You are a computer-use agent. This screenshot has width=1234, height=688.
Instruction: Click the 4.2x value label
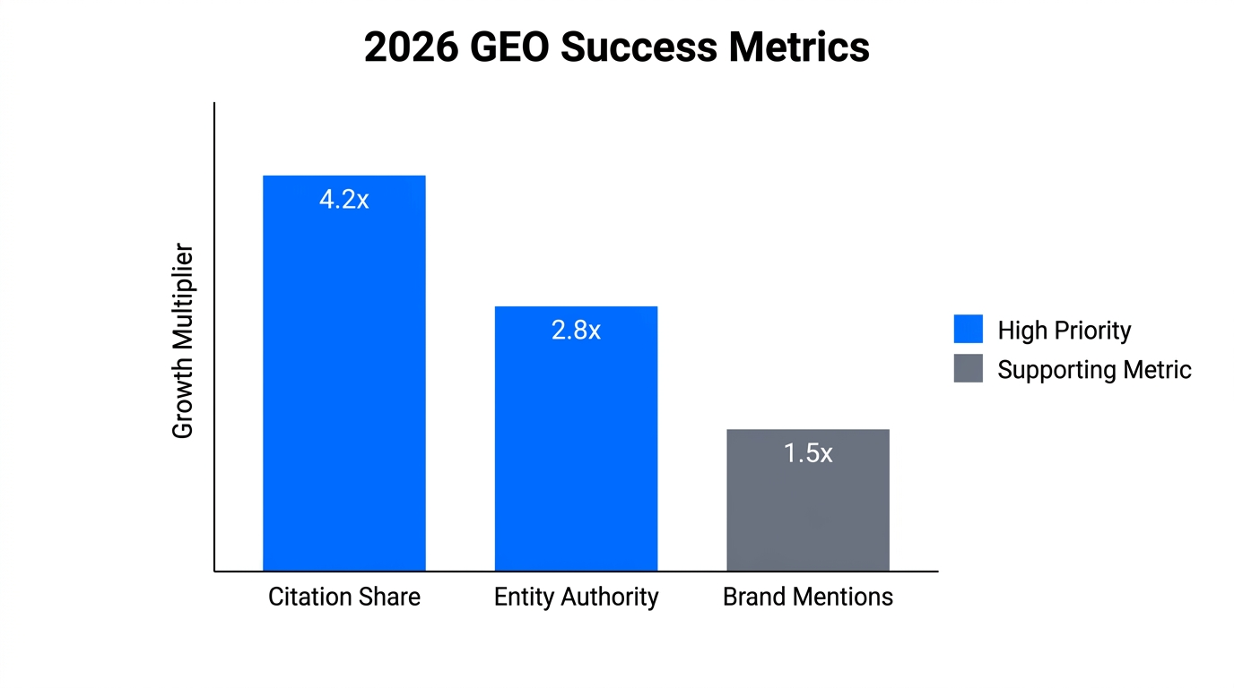pos(343,200)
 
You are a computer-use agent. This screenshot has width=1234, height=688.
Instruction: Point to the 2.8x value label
pos(576,331)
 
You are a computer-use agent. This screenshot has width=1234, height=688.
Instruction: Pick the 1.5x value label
pos(807,453)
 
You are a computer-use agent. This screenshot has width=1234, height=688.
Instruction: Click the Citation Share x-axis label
pos(343,598)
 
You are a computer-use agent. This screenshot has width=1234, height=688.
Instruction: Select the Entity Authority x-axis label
pos(576,598)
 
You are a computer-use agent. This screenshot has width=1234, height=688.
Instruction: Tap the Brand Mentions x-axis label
pos(807,598)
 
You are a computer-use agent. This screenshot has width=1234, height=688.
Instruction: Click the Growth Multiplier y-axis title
pos(183,340)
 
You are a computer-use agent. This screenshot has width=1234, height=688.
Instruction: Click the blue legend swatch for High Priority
pos(968,330)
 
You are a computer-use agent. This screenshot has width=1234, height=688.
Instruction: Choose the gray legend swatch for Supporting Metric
pos(968,369)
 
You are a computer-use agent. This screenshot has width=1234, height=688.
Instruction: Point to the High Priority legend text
pos(1064,331)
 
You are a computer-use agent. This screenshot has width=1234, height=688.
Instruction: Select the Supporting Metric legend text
pos(1094,370)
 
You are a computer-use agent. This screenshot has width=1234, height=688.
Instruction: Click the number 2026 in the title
pos(409,47)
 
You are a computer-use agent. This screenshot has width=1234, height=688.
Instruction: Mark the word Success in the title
pos(639,47)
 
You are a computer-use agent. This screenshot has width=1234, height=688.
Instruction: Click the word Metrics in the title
pos(798,47)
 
